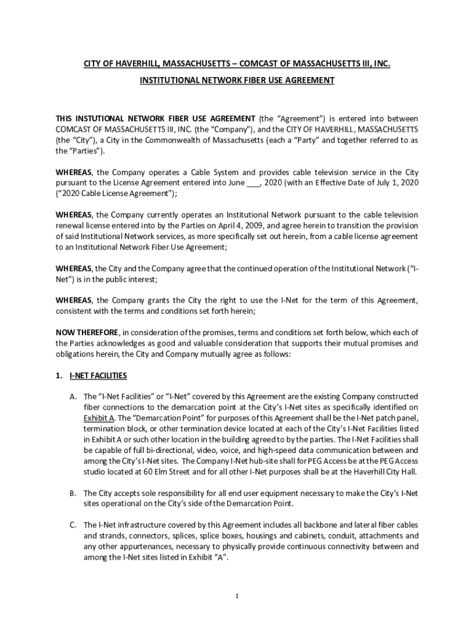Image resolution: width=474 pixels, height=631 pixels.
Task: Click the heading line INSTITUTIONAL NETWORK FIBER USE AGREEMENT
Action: pyautogui.click(x=237, y=80)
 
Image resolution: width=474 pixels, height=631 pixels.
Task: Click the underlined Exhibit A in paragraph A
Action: pyautogui.click(x=98, y=418)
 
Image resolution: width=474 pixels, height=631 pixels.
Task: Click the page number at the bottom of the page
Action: pyautogui.click(x=237, y=596)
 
